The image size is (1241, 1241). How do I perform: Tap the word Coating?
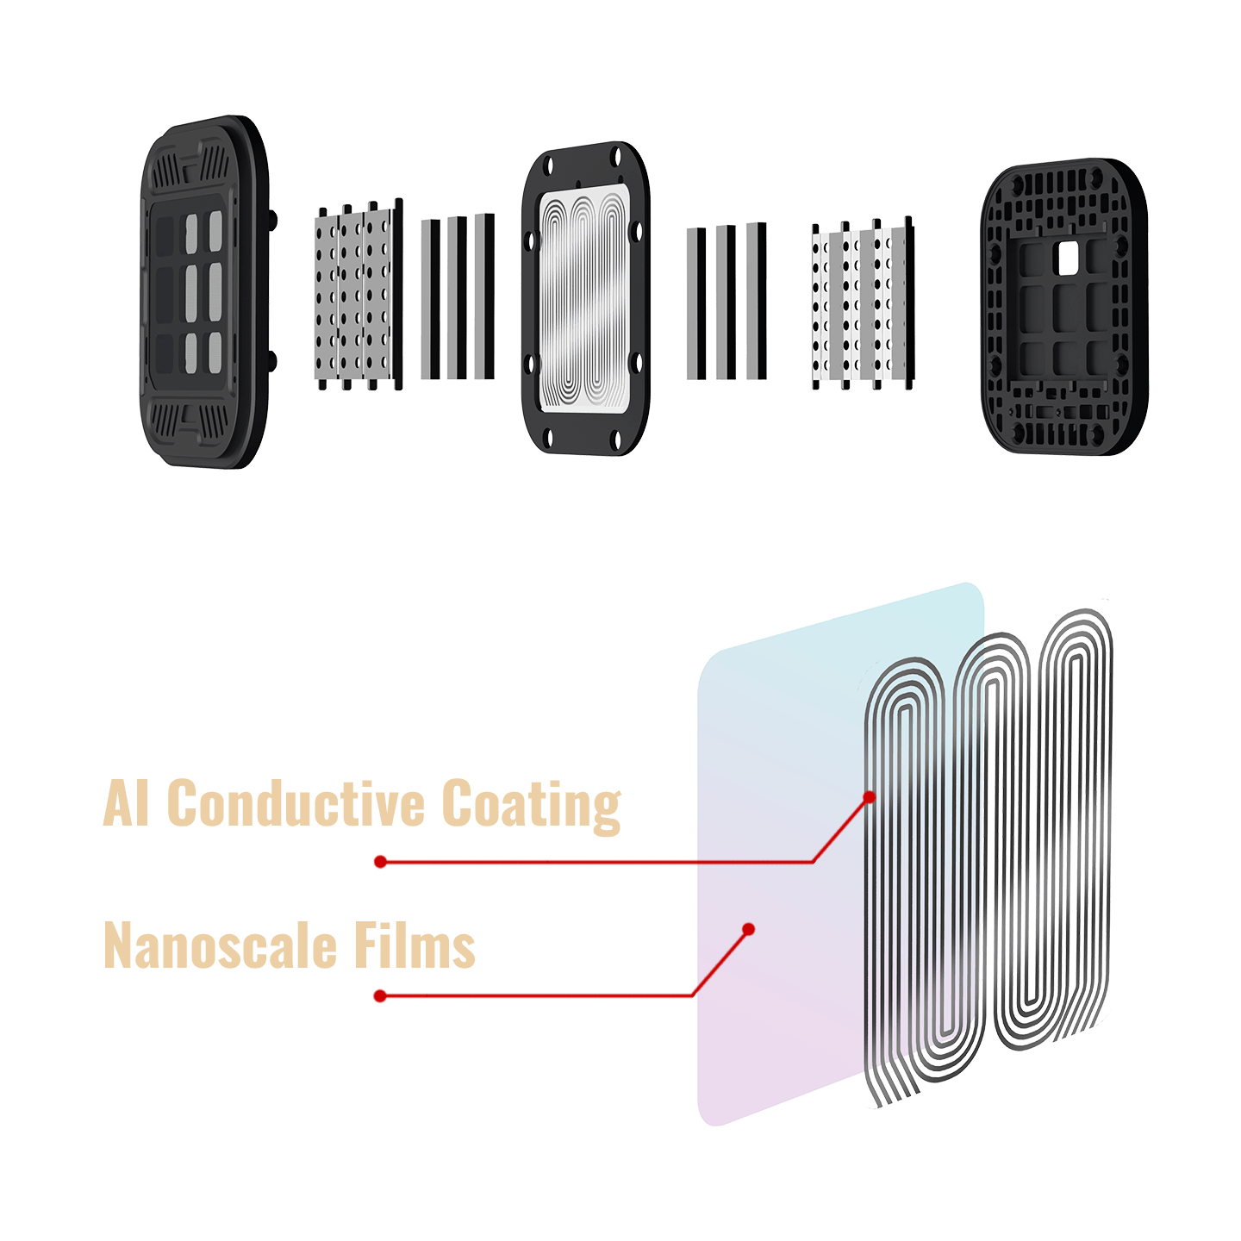click(x=531, y=803)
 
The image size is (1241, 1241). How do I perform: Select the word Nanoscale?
click(x=219, y=945)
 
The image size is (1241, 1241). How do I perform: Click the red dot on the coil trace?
click(x=869, y=797)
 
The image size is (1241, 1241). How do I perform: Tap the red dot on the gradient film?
click(x=749, y=929)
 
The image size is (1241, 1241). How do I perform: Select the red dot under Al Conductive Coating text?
click(x=380, y=862)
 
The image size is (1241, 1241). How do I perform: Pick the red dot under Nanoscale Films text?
click(x=380, y=996)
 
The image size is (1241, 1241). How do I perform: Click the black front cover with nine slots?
click(x=204, y=293)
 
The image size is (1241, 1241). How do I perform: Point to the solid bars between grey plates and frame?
click(x=458, y=298)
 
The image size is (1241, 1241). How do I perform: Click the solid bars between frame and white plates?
click(x=726, y=302)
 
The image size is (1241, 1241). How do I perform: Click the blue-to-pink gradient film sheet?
click(x=776, y=862)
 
